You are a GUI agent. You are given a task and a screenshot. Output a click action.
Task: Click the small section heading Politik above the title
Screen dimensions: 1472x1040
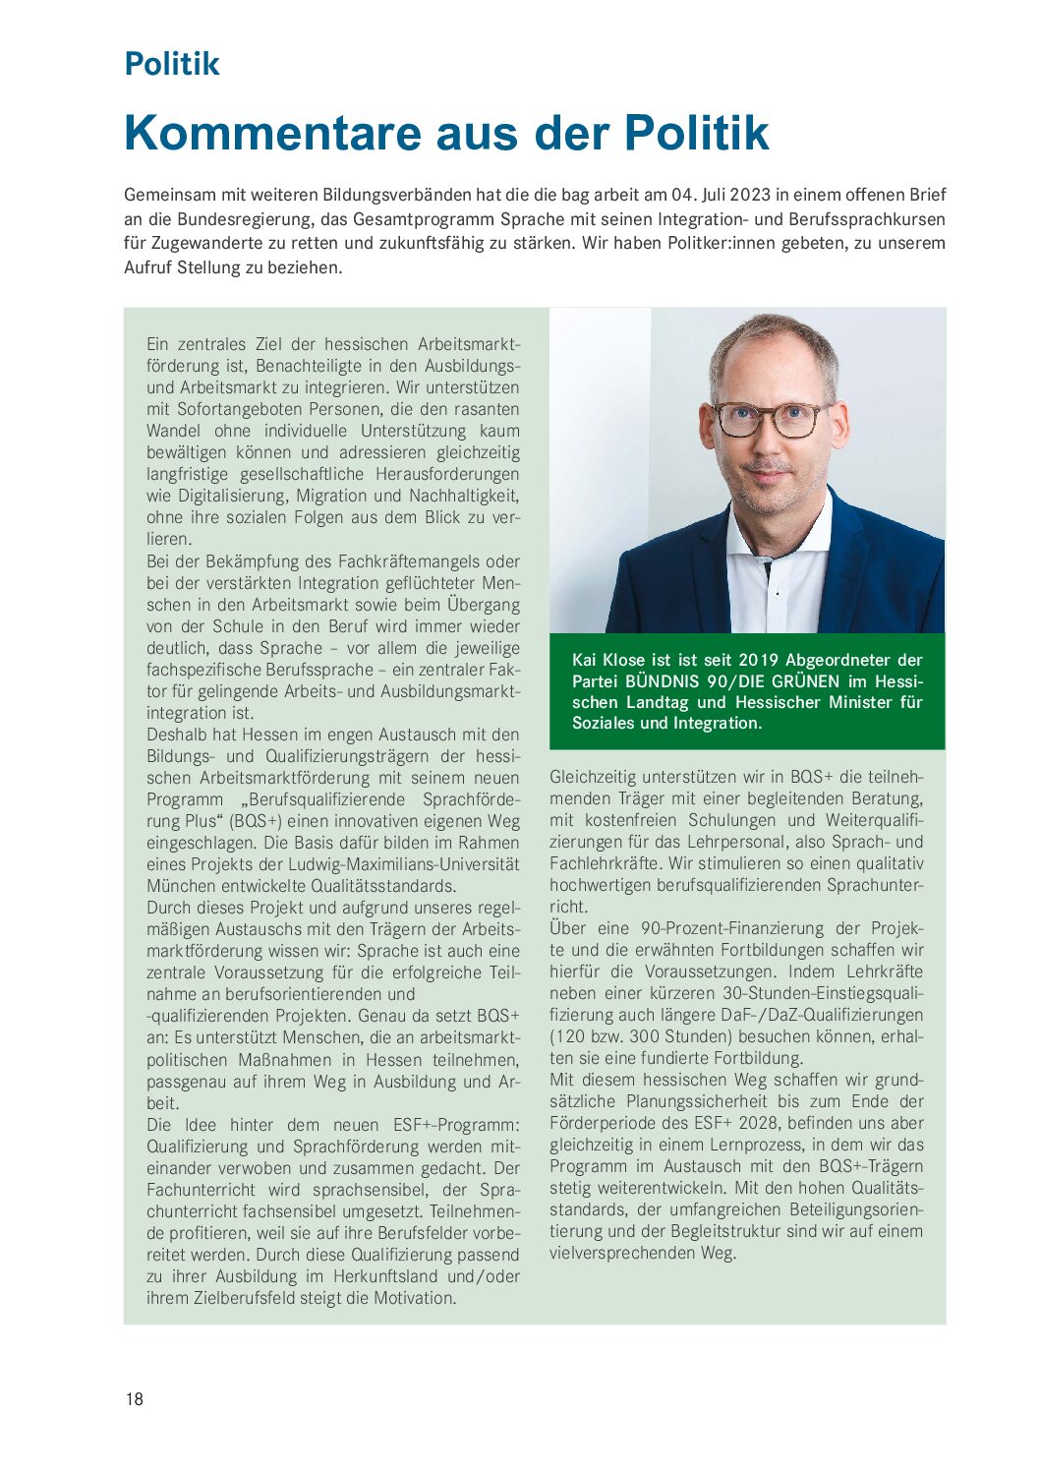pos(172,64)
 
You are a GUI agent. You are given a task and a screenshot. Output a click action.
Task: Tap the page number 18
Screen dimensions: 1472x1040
pos(135,1399)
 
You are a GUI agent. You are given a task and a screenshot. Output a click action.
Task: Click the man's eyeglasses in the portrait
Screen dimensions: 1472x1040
pos(772,419)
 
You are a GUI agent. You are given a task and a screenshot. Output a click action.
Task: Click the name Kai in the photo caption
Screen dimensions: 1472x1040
pos(584,660)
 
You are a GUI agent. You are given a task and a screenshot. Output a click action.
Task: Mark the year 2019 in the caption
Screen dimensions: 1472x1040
pos(757,660)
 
